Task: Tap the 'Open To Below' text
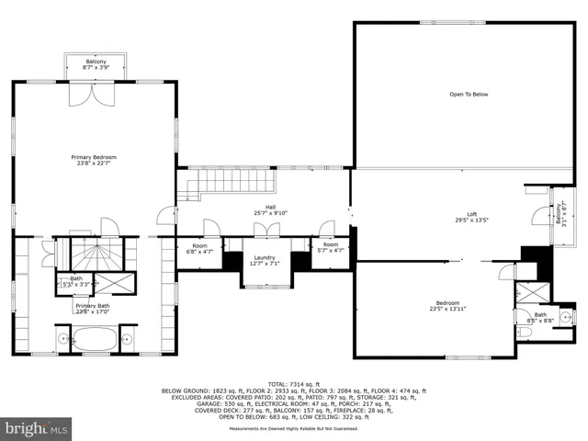[468, 95]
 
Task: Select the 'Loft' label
[471, 213]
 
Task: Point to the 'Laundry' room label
[265, 258]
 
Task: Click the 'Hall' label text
[271, 208]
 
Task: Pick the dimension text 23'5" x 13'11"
[447, 310]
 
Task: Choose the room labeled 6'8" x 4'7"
[200, 248]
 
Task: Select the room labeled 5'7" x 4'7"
[331, 248]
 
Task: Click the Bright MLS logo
[37, 427]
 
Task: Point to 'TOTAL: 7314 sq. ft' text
[293, 383]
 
